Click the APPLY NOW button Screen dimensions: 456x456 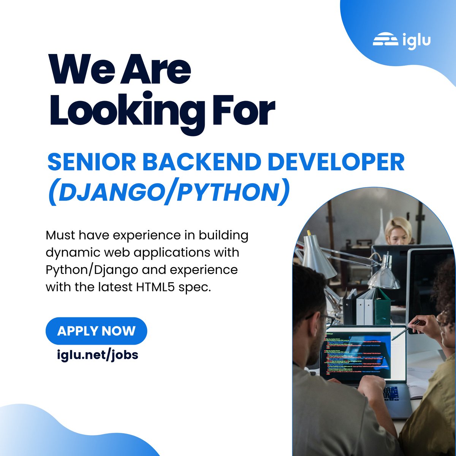tap(96, 331)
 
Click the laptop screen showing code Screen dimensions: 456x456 tap(357, 355)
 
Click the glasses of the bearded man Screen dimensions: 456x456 tap(323, 319)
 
